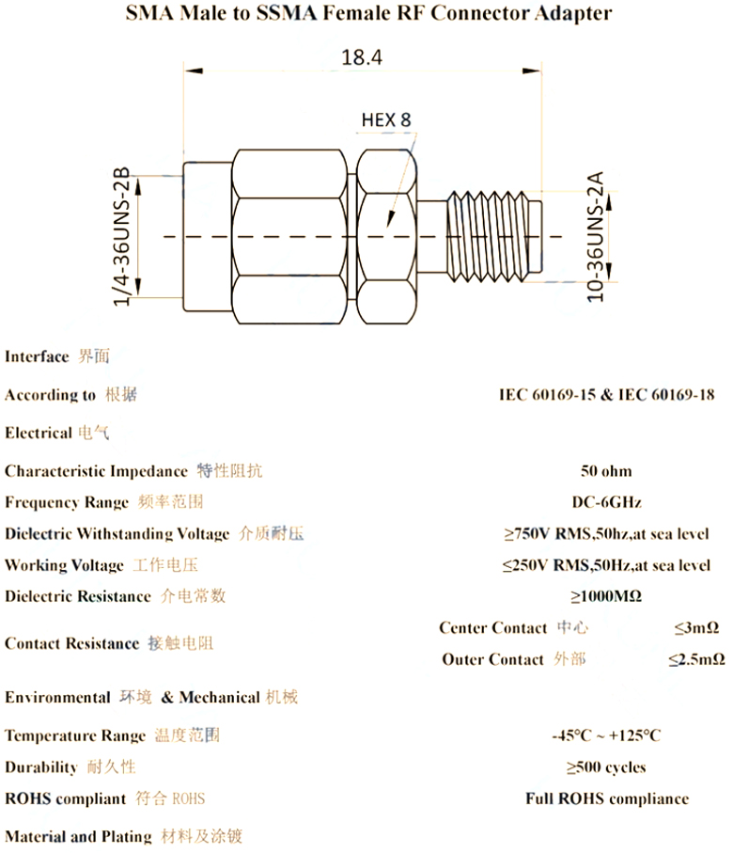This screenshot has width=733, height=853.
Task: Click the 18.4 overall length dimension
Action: click(362, 57)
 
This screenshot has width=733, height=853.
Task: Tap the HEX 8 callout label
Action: click(386, 119)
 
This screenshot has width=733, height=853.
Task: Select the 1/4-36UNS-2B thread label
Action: click(122, 236)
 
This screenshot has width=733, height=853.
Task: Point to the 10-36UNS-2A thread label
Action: click(596, 237)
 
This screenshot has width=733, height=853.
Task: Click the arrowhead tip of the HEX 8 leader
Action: click(388, 227)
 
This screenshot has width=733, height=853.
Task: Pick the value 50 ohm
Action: click(606, 471)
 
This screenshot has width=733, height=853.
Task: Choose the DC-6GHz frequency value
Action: click(606, 502)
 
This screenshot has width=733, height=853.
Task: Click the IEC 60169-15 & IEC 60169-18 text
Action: click(606, 394)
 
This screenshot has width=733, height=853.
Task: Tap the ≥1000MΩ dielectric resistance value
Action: click(606, 596)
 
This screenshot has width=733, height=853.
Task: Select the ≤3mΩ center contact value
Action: click(696, 628)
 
